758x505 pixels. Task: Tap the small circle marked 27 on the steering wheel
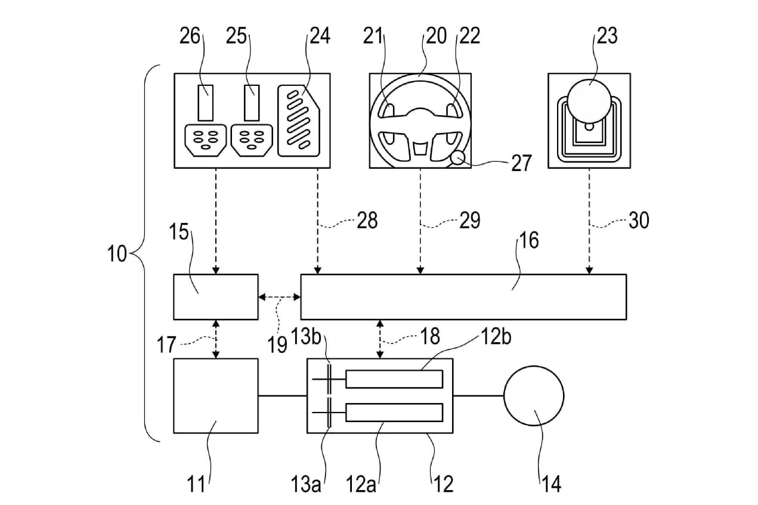pos(459,157)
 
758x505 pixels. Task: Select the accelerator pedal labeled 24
pos(299,121)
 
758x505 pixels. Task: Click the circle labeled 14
pos(534,395)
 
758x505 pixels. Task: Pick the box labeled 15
pos(216,297)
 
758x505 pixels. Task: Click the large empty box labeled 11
pos(216,396)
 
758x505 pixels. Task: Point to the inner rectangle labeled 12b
pos(394,379)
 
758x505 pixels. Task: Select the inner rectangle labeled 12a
pos(394,413)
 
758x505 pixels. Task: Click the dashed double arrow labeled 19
pos(280,298)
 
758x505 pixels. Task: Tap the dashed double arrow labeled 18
pos(380,339)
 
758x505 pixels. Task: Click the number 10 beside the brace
pos(117,253)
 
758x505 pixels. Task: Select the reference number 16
pos(528,240)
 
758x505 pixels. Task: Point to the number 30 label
pos(639,220)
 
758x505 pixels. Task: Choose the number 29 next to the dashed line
pos(470,220)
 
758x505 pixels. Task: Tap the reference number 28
pos(367,220)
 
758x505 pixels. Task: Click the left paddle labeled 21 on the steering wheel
pos(389,111)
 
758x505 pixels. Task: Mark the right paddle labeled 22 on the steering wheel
pos(451,111)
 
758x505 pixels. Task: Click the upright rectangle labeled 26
pos(205,103)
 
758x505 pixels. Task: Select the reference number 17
pos(166,345)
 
